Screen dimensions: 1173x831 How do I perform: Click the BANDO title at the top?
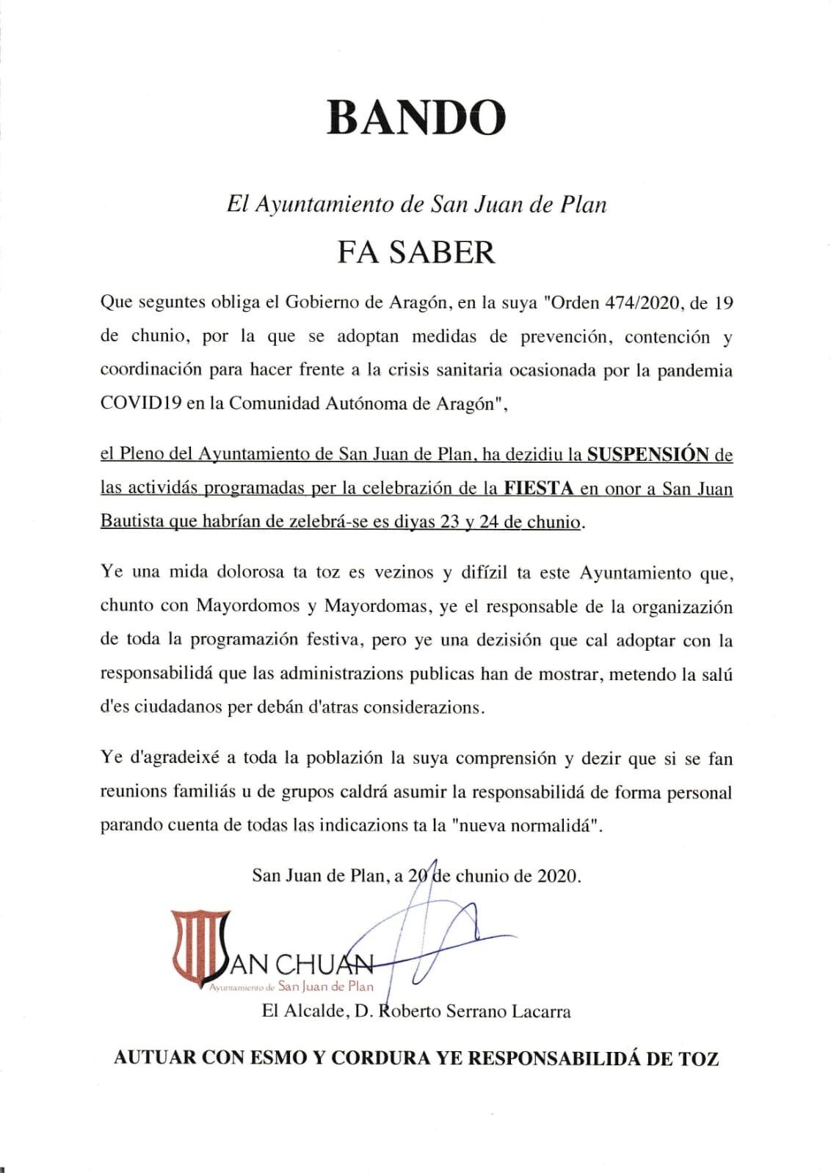coord(415,117)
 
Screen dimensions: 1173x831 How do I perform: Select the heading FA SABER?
coord(415,252)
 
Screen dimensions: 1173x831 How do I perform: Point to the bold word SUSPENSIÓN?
coord(647,455)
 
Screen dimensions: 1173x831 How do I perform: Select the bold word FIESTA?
coord(540,489)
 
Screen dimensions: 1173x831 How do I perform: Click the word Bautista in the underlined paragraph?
coord(131,522)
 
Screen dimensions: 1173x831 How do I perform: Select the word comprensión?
coord(506,759)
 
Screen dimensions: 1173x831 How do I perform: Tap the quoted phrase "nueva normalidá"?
coord(529,826)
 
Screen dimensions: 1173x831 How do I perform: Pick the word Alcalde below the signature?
coord(315,1012)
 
